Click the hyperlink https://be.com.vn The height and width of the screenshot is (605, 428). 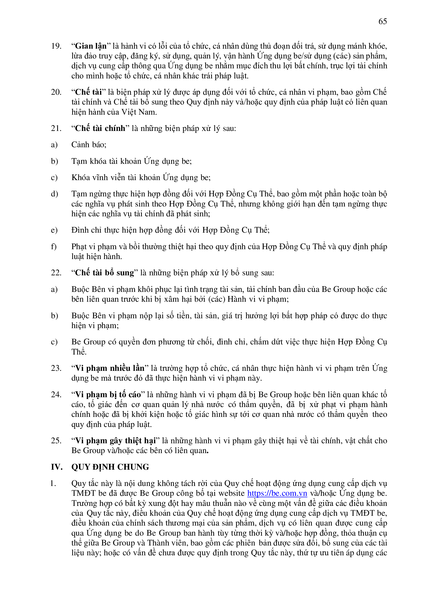click(x=277, y=493)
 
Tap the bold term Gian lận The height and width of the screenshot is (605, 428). click(x=91, y=46)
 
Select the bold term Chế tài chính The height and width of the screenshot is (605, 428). click(x=100, y=129)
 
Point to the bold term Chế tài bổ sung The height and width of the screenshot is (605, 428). click(x=104, y=273)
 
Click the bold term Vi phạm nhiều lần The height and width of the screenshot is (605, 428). click(x=110, y=368)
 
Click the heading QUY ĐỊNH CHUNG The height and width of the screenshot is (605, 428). click(x=110, y=467)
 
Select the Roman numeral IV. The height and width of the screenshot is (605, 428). click(x=56, y=467)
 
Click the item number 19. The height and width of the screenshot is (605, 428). click(x=56, y=46)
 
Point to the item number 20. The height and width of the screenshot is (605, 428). click(x=56, y=92)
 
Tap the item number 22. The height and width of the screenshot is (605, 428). click(x=56, y=273)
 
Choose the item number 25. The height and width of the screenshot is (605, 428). click(x=56, y=441)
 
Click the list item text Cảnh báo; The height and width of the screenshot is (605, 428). click(x=89, y=145)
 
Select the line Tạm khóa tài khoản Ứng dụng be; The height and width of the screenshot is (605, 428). click(x=131, y=161)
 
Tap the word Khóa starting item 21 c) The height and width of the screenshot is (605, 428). click(x=79, y=178)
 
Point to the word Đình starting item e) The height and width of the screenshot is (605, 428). click(x=79, y=230)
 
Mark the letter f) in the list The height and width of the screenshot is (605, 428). click(x=54, y=247)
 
